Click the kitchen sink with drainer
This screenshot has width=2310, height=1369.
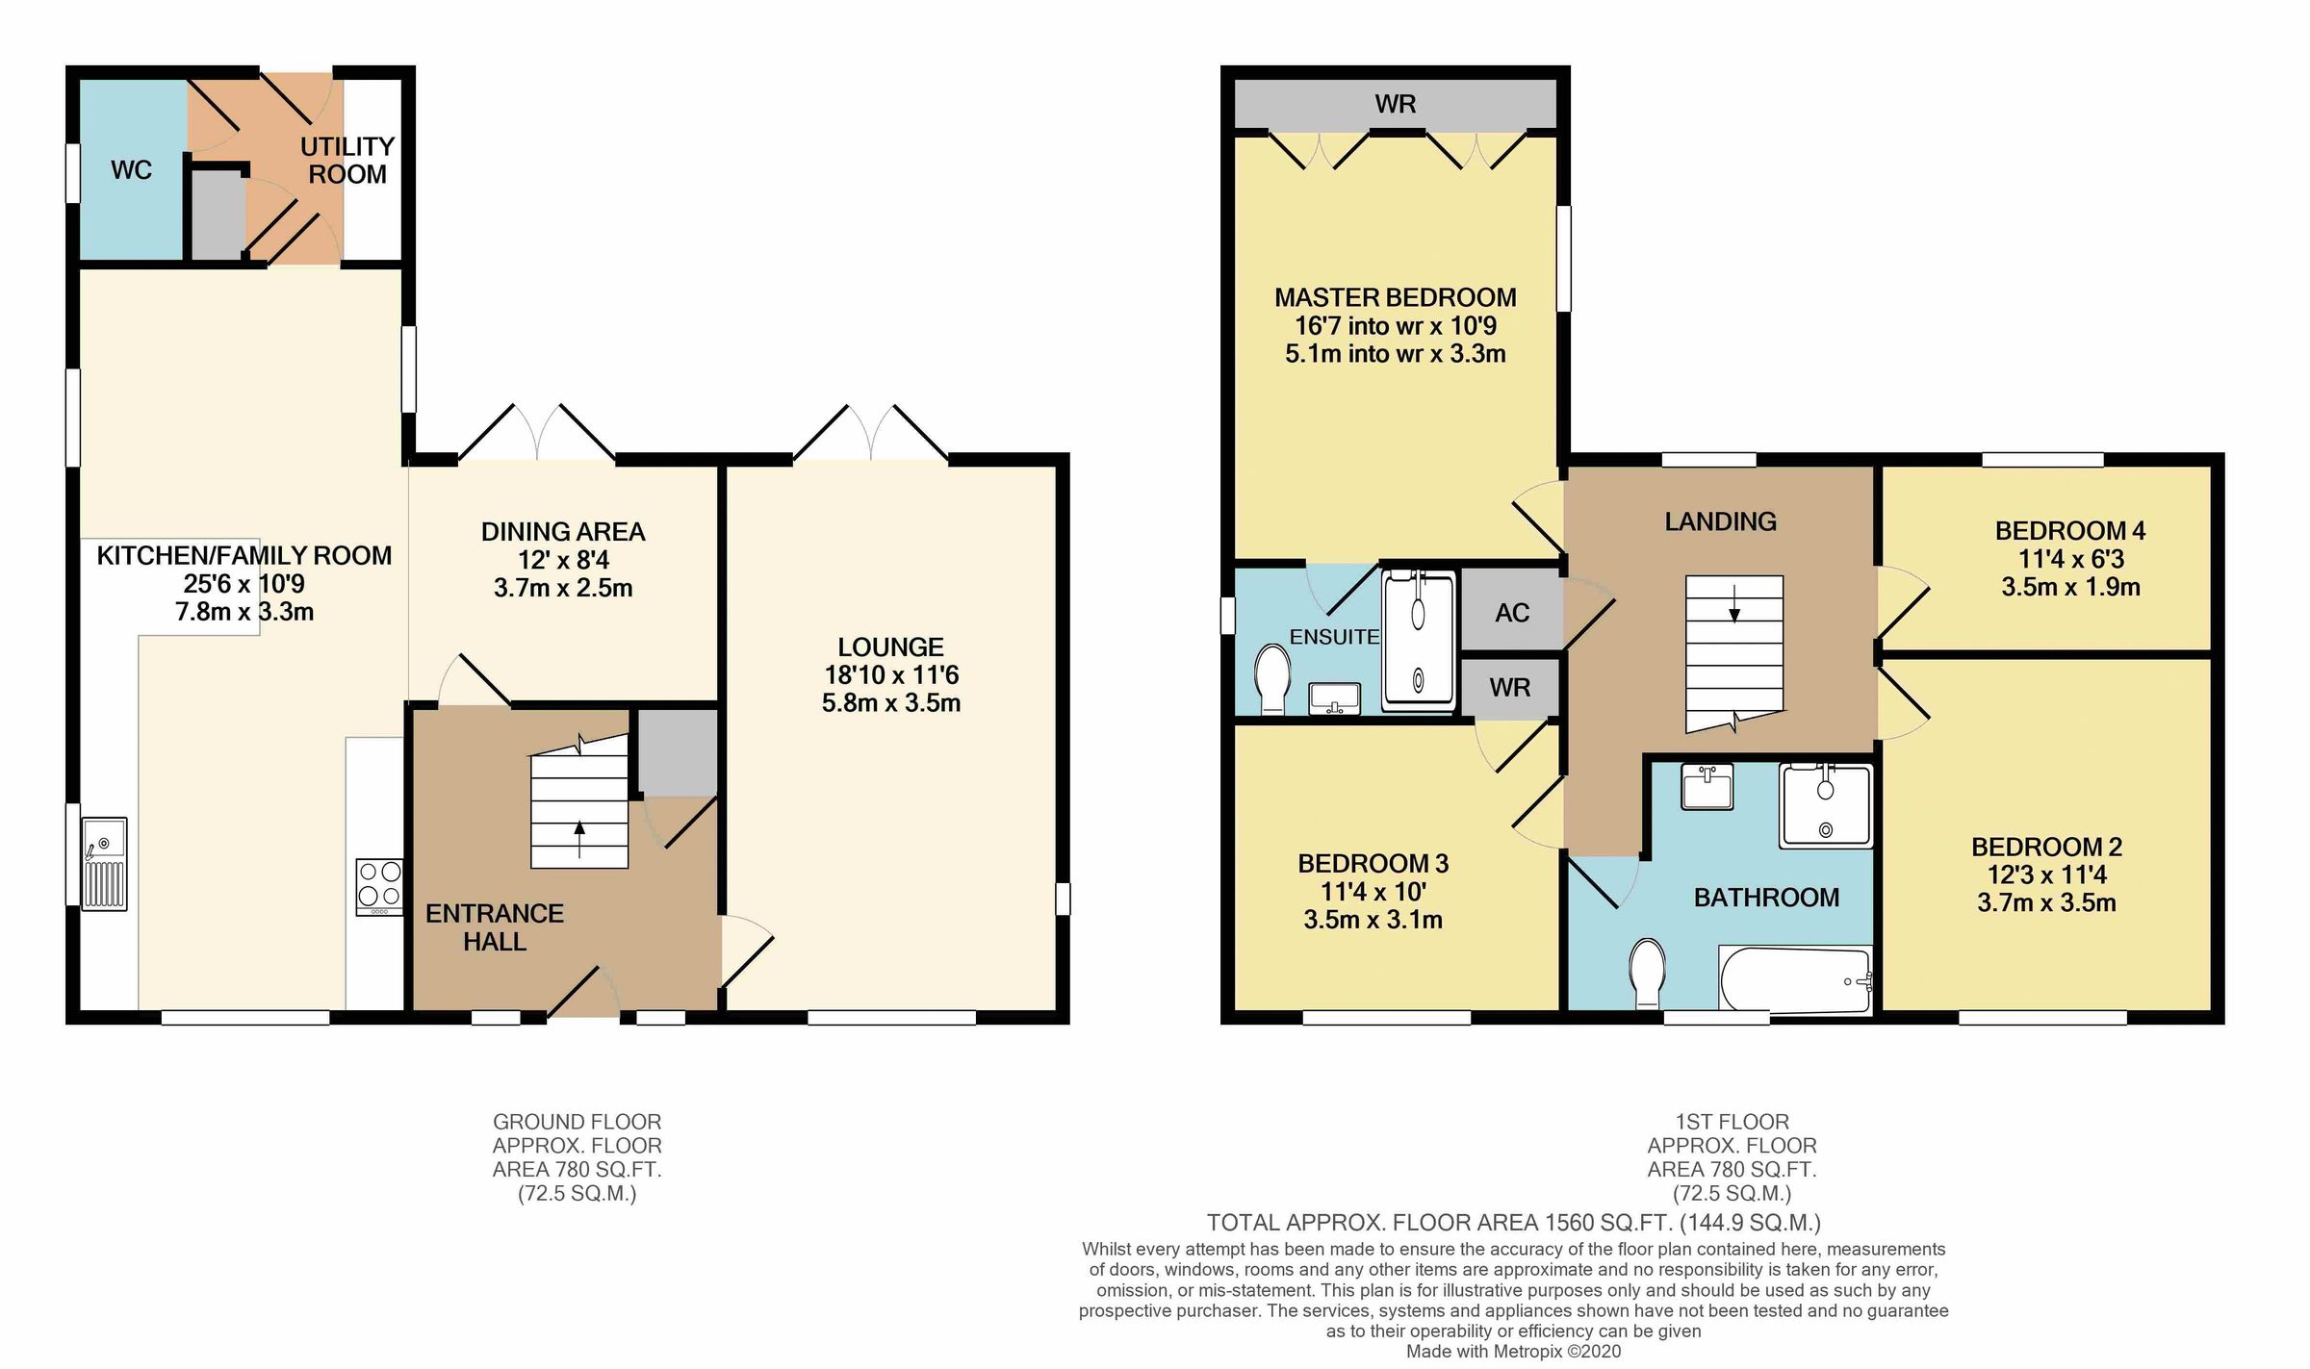click(x=104, y=863)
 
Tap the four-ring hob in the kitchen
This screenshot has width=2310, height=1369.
click(x=379, y=886)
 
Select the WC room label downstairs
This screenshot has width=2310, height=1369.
click(x=131, y=170)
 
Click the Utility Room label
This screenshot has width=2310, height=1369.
click(x=346, y=161)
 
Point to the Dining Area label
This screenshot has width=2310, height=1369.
click(x=563, y=531)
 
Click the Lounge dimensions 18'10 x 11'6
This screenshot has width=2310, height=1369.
click(x=891, y=674)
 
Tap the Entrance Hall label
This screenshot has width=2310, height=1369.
click(x=495, y=927)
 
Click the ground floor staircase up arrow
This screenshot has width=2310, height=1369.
click(x=578, y=837)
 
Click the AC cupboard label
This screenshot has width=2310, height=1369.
click(x=1511, y=613)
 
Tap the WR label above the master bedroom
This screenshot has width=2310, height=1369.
click(x=1395, y=104)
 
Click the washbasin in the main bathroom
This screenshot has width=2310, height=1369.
click(x=1707, y=787)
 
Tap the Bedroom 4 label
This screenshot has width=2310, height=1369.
click(x=2069, y=530)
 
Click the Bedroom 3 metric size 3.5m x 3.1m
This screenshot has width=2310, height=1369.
click(x=1373, y=920)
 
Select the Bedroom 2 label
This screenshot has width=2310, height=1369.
click(x=2046, y=847)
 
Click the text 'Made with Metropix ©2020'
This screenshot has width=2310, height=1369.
click(x=1513, y=1351)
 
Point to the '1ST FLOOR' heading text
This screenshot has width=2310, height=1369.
click(x=1732, y=1122)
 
